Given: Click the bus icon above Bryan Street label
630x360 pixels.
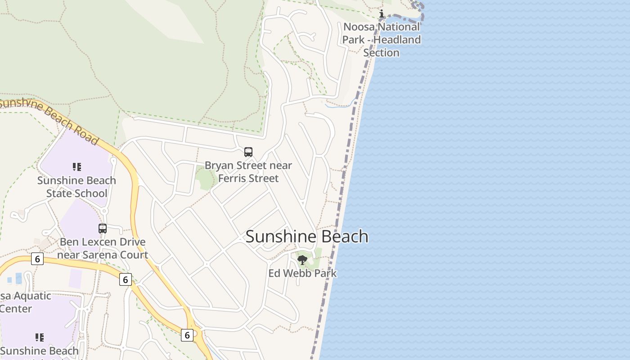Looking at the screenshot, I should point(248,152).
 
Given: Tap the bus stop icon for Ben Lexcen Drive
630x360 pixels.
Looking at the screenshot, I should point(103,229).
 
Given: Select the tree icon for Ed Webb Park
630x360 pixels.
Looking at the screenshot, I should point(302,260).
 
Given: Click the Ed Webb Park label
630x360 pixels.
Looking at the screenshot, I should point(302,273).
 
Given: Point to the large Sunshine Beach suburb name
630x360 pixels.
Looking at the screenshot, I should point(307,237).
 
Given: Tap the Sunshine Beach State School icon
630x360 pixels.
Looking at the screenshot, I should point(77,167).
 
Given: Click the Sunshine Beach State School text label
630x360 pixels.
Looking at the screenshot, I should point(76,187).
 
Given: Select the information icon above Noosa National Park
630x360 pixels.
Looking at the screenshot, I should point(382,13).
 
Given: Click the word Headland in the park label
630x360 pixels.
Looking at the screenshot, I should point(397,40).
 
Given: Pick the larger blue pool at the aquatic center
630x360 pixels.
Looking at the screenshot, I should point(19,279).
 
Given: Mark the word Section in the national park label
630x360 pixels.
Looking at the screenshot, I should point(381,53).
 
